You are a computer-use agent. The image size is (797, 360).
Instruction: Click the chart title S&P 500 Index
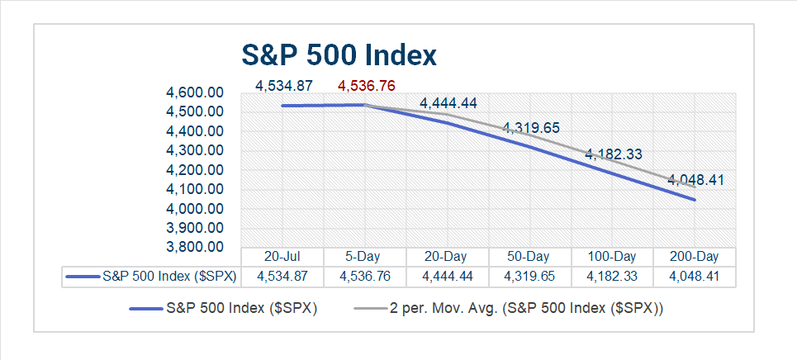pos(339,55)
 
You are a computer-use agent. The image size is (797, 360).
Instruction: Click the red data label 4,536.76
pos(366,85)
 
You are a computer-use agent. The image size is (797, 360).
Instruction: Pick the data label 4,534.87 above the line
pos(283,85)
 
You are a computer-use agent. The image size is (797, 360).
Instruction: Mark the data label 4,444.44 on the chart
pos(448,103)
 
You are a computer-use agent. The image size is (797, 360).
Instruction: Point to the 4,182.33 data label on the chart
pos(614,154)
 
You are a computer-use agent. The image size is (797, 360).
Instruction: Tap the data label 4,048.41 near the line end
pos(695,179)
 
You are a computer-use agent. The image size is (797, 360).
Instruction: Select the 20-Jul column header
pos(282,257)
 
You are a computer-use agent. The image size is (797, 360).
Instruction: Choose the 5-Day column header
pos(365,257)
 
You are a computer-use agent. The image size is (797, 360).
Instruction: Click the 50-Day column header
pos(529,257)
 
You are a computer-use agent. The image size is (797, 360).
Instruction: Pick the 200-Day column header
pos(695,257)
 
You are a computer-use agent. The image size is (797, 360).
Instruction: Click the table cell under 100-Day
pos(612,277)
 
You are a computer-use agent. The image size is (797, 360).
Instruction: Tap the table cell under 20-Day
pos(448,277)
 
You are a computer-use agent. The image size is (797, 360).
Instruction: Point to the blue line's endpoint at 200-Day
pos(695,200)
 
